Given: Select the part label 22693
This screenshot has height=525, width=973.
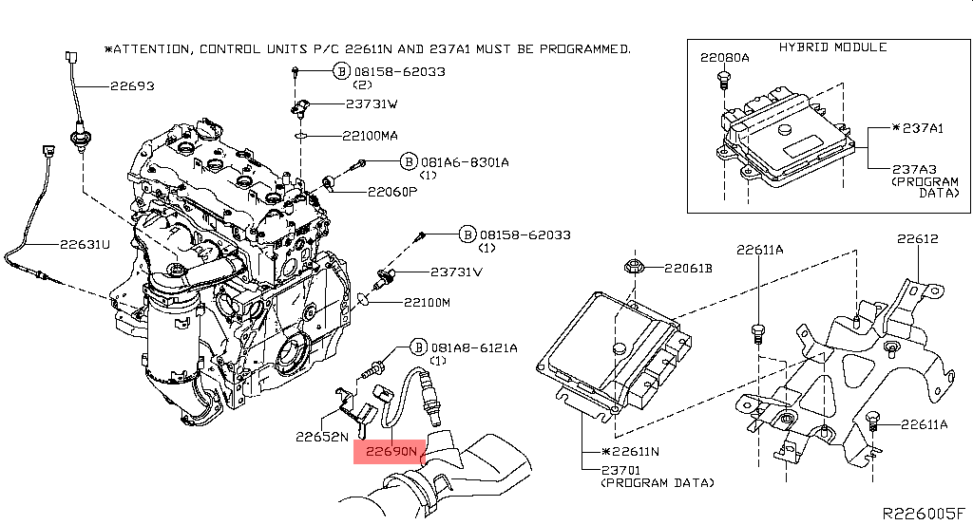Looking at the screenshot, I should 132,85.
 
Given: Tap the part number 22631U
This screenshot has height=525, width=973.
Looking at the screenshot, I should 86,244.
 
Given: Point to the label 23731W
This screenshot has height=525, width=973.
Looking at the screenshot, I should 372,104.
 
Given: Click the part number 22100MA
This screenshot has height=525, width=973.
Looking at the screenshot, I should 371,136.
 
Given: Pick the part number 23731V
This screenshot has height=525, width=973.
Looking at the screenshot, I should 456,272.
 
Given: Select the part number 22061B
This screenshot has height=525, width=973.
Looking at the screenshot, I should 688,268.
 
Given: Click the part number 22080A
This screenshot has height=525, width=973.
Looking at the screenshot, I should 725,58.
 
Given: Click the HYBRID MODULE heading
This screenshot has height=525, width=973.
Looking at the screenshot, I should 832,47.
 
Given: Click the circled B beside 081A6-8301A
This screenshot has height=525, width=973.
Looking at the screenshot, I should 408,162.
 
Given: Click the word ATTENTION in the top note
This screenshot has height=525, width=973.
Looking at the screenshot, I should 152,47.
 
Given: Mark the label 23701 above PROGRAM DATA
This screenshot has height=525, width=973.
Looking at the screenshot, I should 621,469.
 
